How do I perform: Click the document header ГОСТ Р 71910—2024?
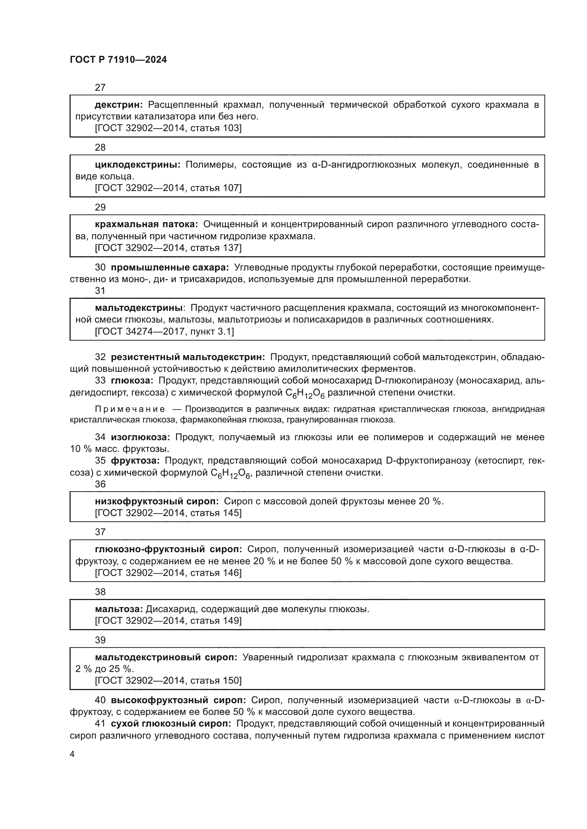118,60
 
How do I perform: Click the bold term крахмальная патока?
146,225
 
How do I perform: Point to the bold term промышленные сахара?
170,268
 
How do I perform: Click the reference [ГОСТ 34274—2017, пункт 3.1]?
164,331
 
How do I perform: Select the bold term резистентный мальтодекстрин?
188,357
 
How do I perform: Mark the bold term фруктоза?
135,461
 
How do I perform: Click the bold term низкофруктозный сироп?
157,502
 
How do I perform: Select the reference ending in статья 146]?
168,573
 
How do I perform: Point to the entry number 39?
100,640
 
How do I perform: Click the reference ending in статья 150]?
168,680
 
